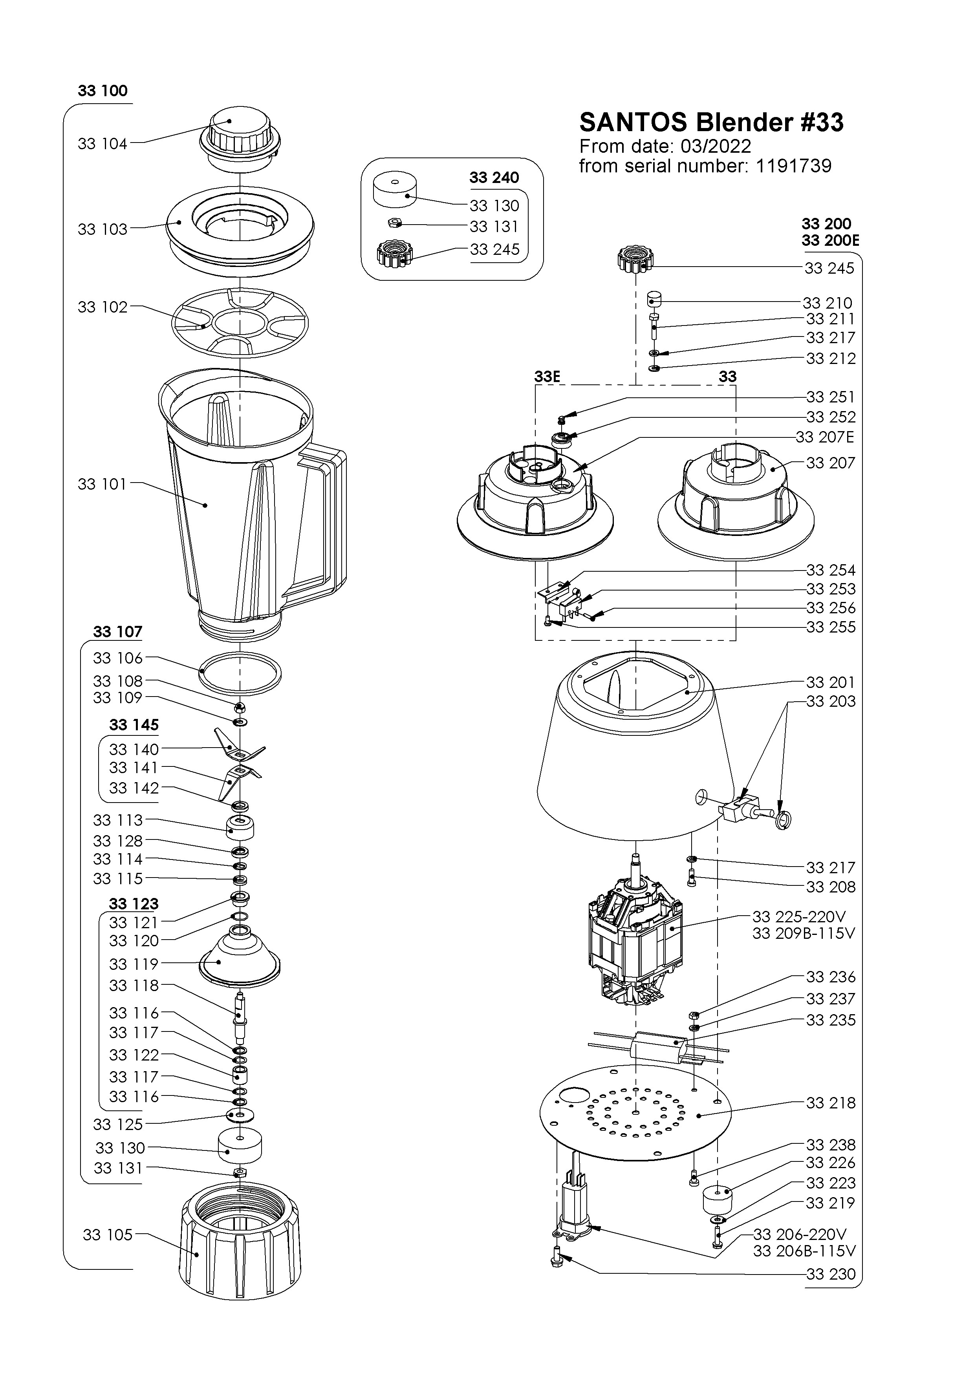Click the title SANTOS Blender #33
click(711, 123)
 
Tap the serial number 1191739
click(793, 166)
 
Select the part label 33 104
click(102, 144)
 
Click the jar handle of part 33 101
click(324, 522)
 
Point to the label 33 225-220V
click(798, 917)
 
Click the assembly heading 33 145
click(134, 725)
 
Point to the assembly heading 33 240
click(494, 177)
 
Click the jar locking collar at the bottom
click(240, 1247)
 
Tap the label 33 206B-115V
click(804, 1251)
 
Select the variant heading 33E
click(547, 377)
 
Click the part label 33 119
click(134, 964)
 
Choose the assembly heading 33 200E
click(830, 241)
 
